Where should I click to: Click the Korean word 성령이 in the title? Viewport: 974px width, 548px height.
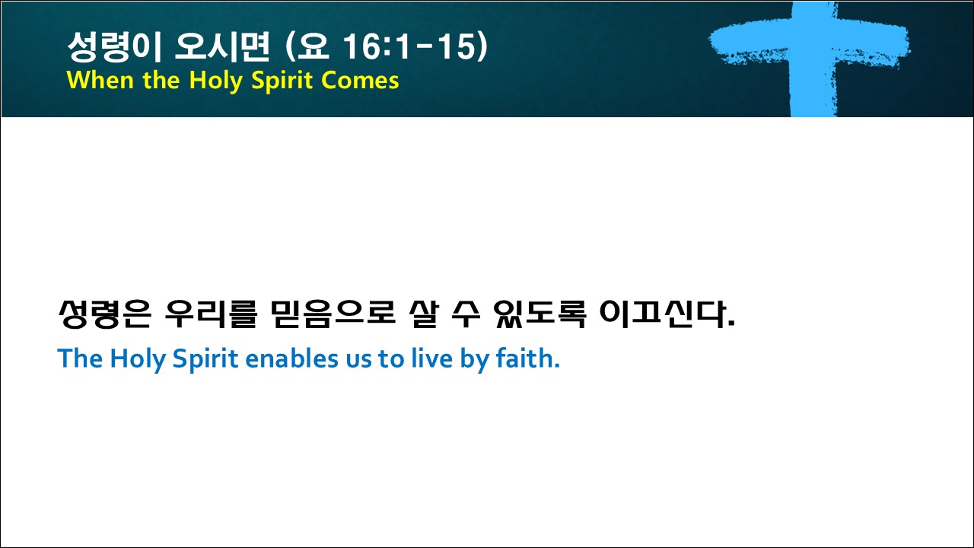click(x=115, y=46)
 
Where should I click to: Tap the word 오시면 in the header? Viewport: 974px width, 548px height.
click(x=221, y=46)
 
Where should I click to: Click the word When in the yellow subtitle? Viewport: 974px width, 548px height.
click(x=100, y=80)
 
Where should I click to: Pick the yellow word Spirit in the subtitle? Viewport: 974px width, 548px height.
click(x=282, y=81)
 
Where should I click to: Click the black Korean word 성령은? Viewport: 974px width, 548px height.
click(x=104, y=314)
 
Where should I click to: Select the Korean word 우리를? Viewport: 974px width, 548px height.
click(x=212, y=314)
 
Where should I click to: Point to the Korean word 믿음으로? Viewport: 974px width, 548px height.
click(x=333, y=314)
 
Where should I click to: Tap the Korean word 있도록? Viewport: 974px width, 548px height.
click(x=540, y=314)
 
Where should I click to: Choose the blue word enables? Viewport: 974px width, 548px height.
click(x=291, y=358)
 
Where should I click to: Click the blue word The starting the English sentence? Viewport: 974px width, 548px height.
click(x=80, y=358)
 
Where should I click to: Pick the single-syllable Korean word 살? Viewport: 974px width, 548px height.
click(x=424, y=314)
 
